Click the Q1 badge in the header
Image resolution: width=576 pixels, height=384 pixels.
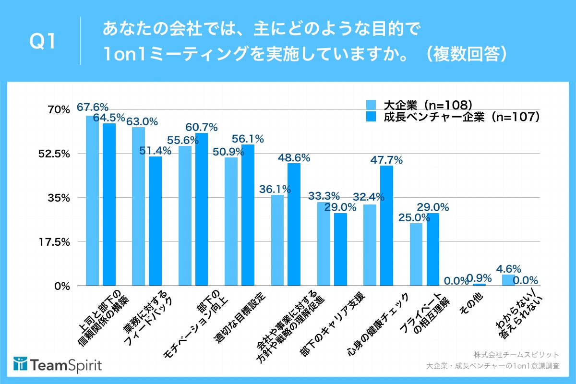[x=42, y=42]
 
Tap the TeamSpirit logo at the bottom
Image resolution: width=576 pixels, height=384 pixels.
[x=58, y=364]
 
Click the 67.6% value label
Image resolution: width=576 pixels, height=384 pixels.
[x=93, y=107]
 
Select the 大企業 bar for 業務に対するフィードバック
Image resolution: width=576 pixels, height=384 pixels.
[x=139, y=206]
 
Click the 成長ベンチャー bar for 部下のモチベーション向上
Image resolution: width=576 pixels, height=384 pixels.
[x=202, y=209]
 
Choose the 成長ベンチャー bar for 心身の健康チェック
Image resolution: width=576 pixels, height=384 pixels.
[x=386, y=226]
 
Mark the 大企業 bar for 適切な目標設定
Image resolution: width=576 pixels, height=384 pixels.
[x=231, y=221]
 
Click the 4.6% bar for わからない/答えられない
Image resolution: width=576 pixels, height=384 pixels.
[x=508, y=280]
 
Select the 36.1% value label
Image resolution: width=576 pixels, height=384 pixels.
[x=275, y=189]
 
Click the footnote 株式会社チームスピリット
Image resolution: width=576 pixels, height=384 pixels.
[x=516, y=355]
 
